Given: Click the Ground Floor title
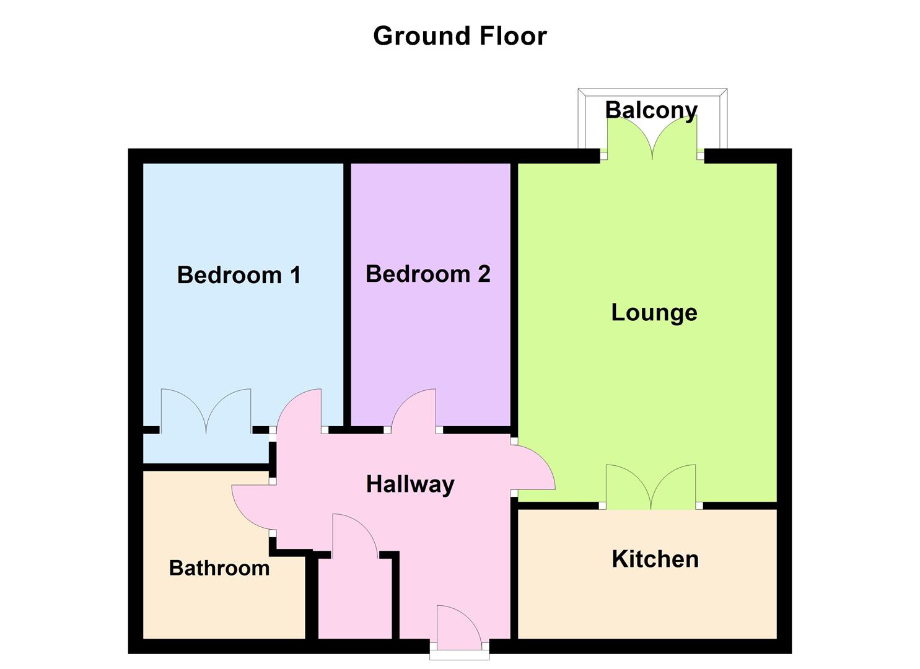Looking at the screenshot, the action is point(460,36).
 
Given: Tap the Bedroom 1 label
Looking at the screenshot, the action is point(239,275).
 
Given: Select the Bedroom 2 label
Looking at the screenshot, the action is point(428,274).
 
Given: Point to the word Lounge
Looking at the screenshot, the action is point(654,313).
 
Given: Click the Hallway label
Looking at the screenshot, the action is point(410,484).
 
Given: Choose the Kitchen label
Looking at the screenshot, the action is point(655,559).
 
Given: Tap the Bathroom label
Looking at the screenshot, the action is point(219,568).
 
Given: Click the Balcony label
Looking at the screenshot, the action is point(651,110).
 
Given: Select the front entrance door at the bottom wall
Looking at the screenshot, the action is point(459,628).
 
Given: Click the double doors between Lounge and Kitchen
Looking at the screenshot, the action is point(651,487).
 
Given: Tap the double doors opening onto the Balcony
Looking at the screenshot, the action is point(652,137).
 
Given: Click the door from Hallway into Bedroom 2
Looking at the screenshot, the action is point(413,411).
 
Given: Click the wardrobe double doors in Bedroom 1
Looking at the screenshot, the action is point(206,411).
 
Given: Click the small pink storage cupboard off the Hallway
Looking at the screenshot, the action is point(355,598).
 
